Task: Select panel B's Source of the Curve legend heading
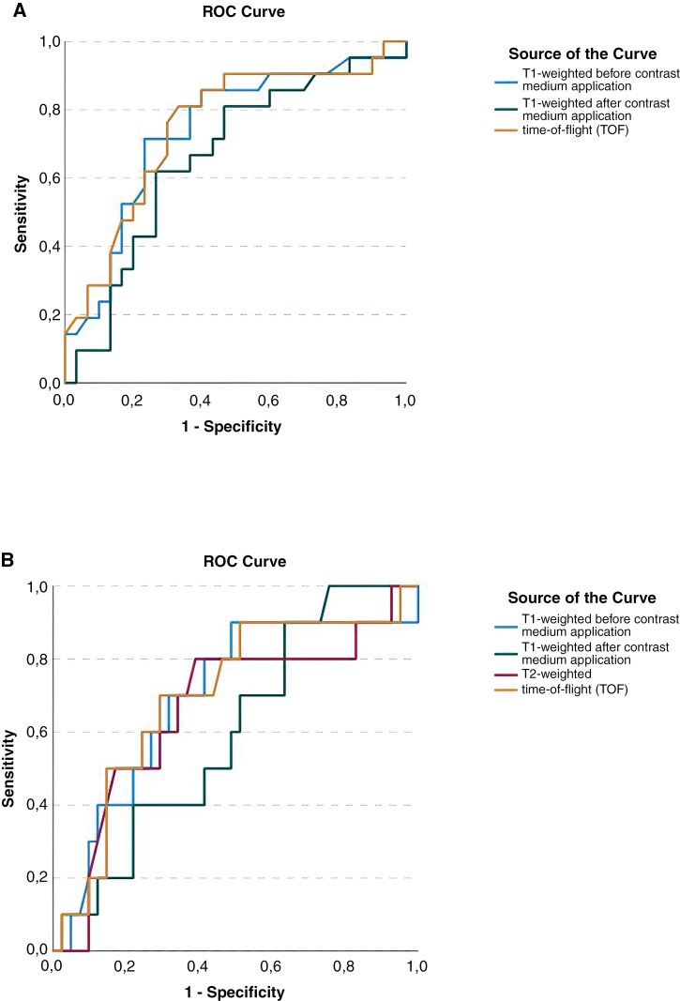[582, 598]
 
